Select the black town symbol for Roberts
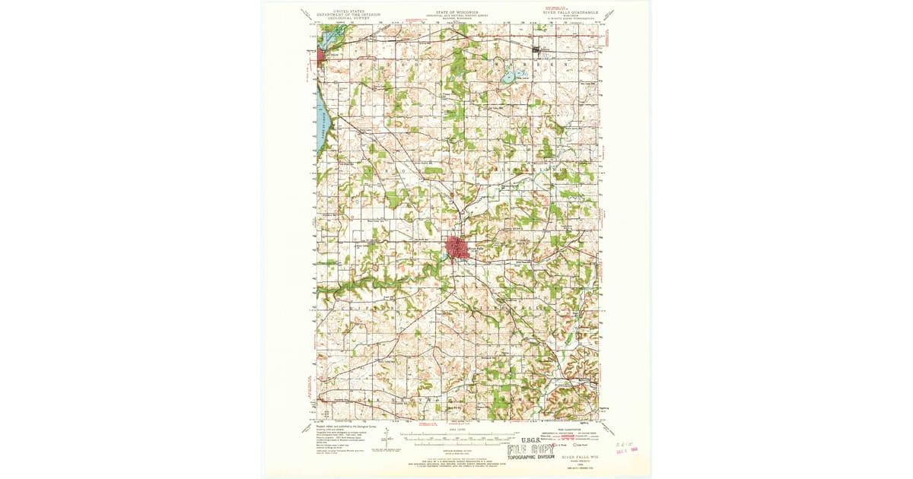(x=540, y=52)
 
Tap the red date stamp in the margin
(x=625, y=451)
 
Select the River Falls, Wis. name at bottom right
(x=581, y=458)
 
